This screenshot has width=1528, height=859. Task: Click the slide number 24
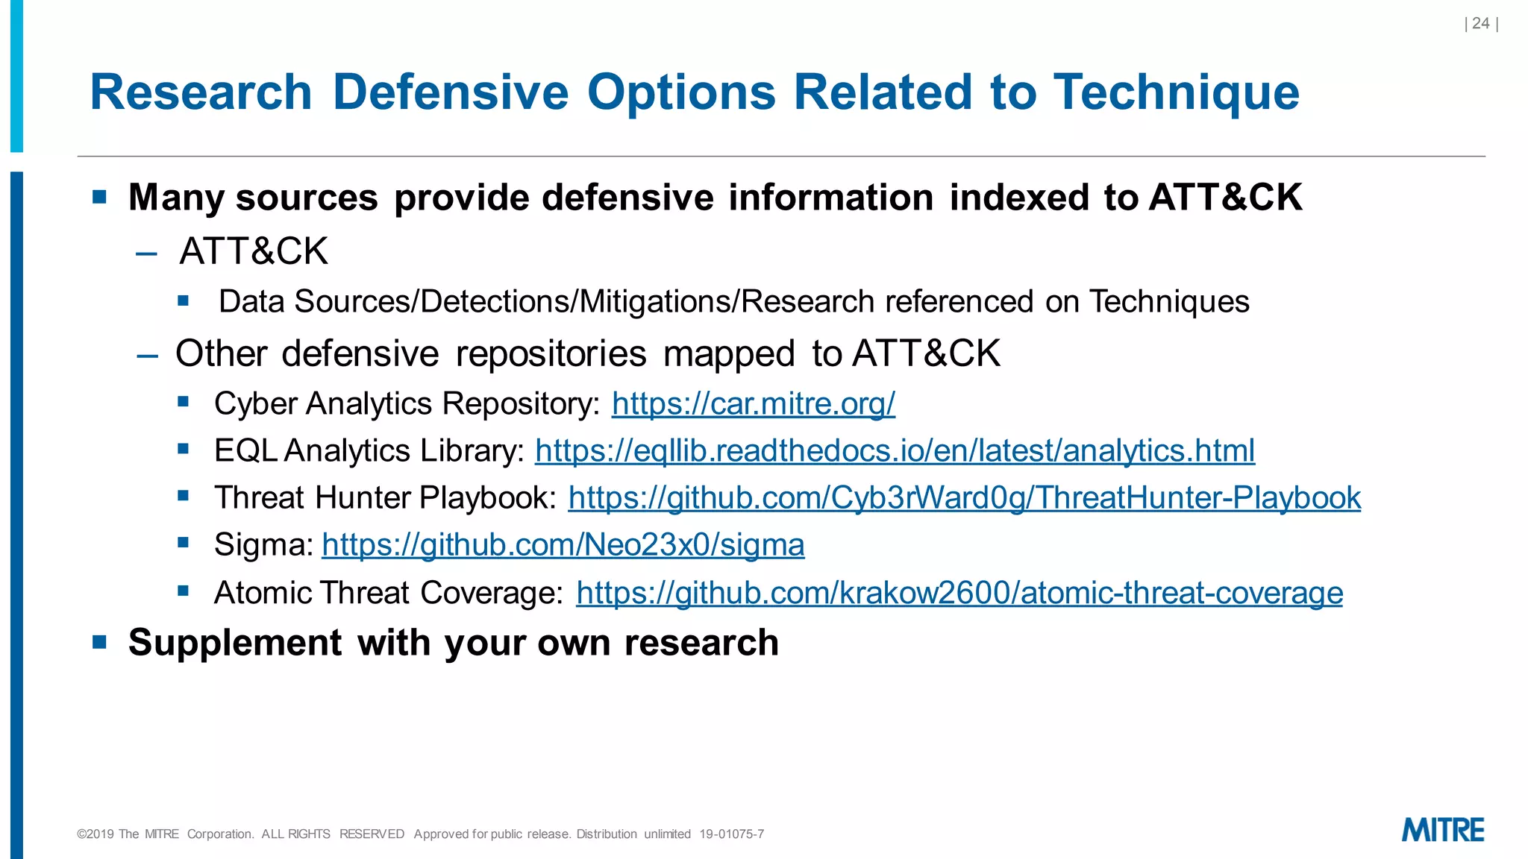coord(1481,24)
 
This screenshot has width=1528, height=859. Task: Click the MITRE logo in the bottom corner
coord(1443,830)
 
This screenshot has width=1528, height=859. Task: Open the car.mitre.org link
coord(753,403)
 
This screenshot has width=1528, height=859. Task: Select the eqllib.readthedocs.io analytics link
coord(895,450)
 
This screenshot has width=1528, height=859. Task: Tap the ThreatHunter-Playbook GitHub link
coord(964,497)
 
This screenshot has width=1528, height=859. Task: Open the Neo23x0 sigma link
coord(563,544)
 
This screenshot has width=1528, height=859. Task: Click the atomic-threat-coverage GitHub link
coord(959,593)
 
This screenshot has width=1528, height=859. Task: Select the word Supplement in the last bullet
coord(235,642)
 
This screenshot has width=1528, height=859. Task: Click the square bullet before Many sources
coord(100,197)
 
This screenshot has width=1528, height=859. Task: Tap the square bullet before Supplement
coord(100,642)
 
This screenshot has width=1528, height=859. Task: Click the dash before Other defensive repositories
coord(148,355)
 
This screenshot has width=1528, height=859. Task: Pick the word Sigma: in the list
coord(264,544)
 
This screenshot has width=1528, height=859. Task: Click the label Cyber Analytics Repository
coord(407,403)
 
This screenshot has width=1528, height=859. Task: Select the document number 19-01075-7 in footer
coord(731,834)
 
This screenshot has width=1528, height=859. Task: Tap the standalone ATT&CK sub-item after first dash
coord(254,251)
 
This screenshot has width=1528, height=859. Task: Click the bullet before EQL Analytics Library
coord(184,449)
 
